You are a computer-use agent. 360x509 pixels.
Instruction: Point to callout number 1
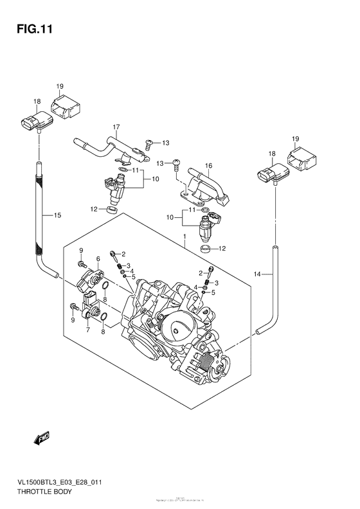[184, 237]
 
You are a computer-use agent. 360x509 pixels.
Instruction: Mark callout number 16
[208, 166]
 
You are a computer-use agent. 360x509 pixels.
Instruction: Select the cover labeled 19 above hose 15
[66, 105]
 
